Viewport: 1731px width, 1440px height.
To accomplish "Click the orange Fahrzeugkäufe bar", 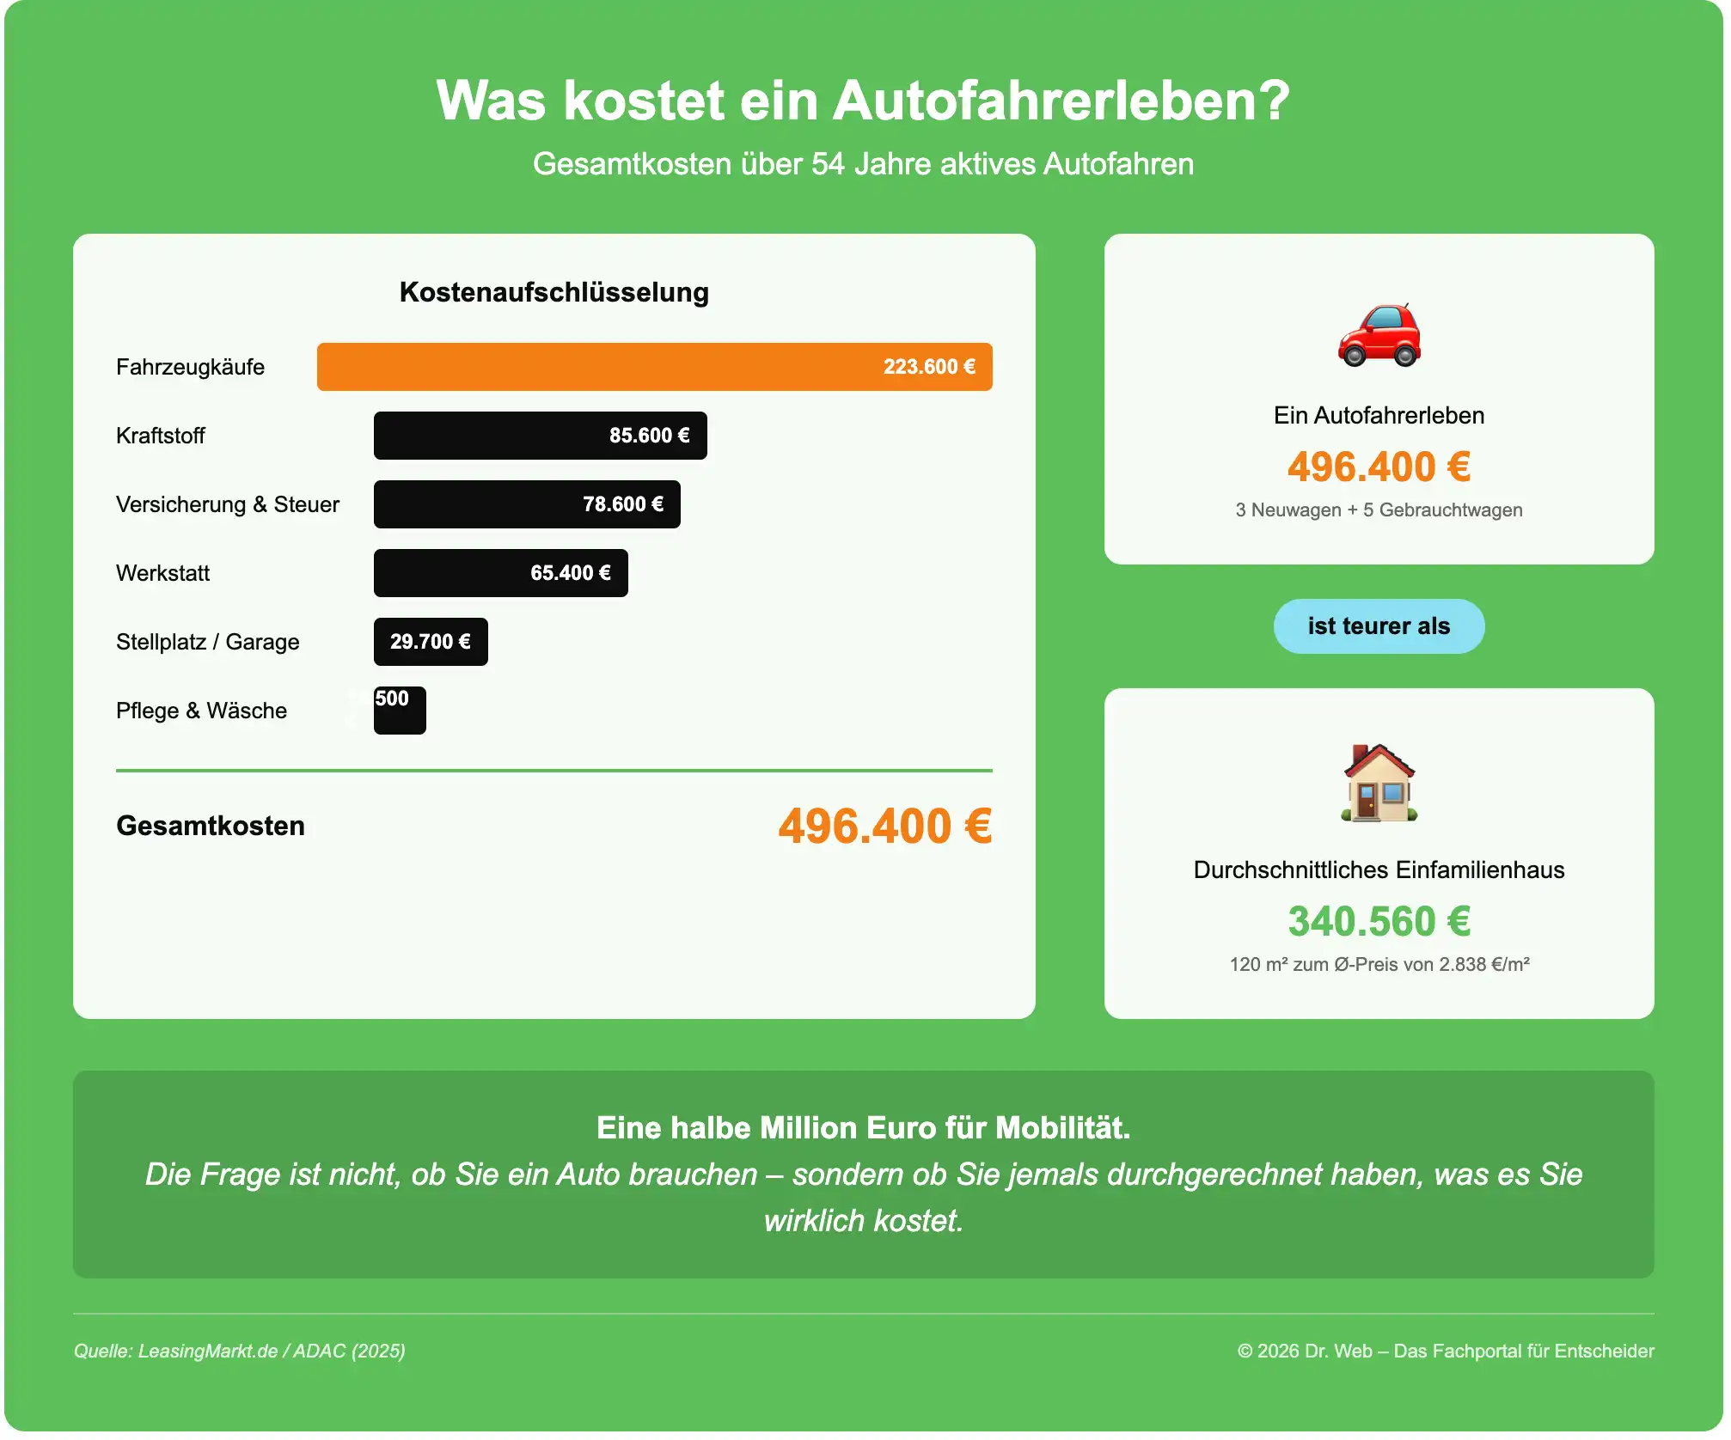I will click(653, 367).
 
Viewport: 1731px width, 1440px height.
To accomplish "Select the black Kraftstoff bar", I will click(540, 436).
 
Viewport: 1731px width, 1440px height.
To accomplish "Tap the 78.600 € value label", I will click(622, 504).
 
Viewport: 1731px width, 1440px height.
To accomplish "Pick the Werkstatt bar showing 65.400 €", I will click(500, 573).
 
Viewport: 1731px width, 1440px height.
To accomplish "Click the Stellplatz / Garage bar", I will click(430, 642).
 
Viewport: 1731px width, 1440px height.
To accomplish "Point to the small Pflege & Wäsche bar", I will click(400, 711).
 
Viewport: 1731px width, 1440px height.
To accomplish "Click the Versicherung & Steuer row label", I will click(228, 504).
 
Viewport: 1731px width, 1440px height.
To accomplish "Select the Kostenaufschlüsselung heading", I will click(554, 292).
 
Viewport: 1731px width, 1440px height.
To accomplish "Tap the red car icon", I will click(1379, 335).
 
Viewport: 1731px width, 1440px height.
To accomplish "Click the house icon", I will click(1379, 783).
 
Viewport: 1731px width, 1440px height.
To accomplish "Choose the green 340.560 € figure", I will click(1379, 921).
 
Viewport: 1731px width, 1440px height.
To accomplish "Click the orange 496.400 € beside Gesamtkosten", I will click(884, 826).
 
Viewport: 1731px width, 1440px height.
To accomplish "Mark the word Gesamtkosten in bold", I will click(211, 826).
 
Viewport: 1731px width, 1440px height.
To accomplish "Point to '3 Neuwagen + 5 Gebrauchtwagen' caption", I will click(1379, 509).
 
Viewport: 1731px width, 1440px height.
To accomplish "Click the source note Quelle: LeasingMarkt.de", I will click(239, 1351).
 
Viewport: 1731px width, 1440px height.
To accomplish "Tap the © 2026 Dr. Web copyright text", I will click(1445, 1351).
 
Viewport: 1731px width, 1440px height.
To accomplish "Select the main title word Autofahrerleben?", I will click(1061, 101).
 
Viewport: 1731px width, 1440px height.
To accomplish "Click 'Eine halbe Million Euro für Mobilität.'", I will click(863, 1127).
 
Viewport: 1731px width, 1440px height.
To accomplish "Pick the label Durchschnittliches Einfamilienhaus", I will click(1379, 869).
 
